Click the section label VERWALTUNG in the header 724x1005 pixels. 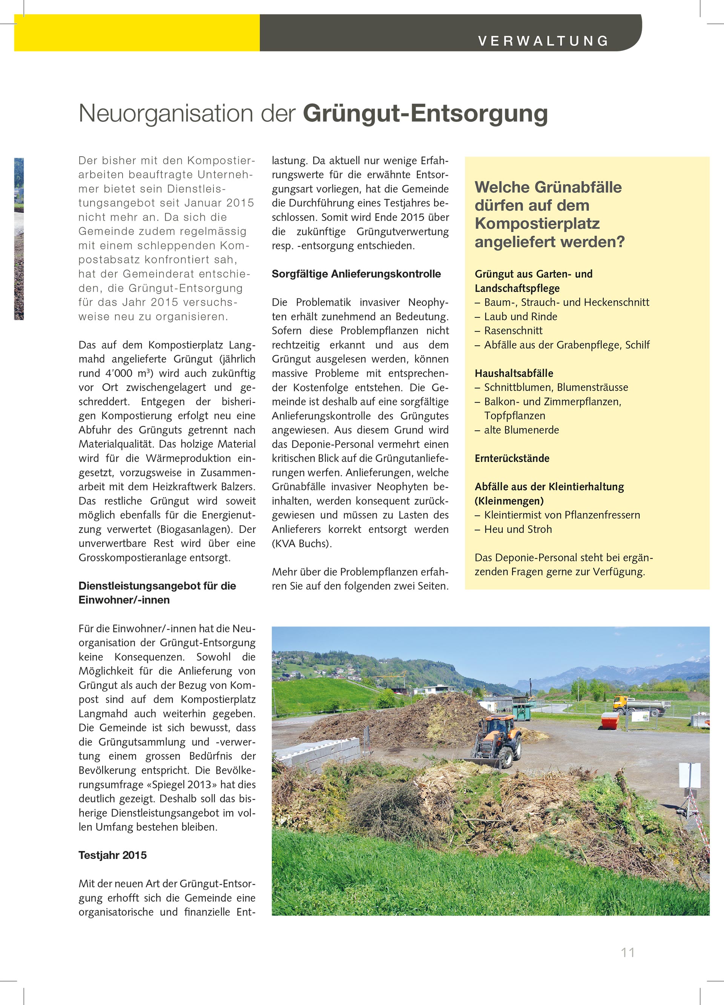tap(543, 41)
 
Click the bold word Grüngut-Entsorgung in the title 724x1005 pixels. tap(425, 114)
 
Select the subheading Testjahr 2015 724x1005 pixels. tap(112, 855)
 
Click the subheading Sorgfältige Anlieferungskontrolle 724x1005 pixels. tap(356, 274)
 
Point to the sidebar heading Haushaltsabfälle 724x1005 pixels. tap(514, 373)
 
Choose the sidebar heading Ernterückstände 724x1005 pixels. tap(512, 458)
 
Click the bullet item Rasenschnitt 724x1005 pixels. tap(513, 331)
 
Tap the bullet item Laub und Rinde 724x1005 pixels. tap(520, 316)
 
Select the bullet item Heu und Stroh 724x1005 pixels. tap(518, 529)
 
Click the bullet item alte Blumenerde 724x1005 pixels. tap(521, 430)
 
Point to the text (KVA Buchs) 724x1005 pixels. tap(302, 543)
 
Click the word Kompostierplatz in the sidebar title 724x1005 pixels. tap(537, 223)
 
